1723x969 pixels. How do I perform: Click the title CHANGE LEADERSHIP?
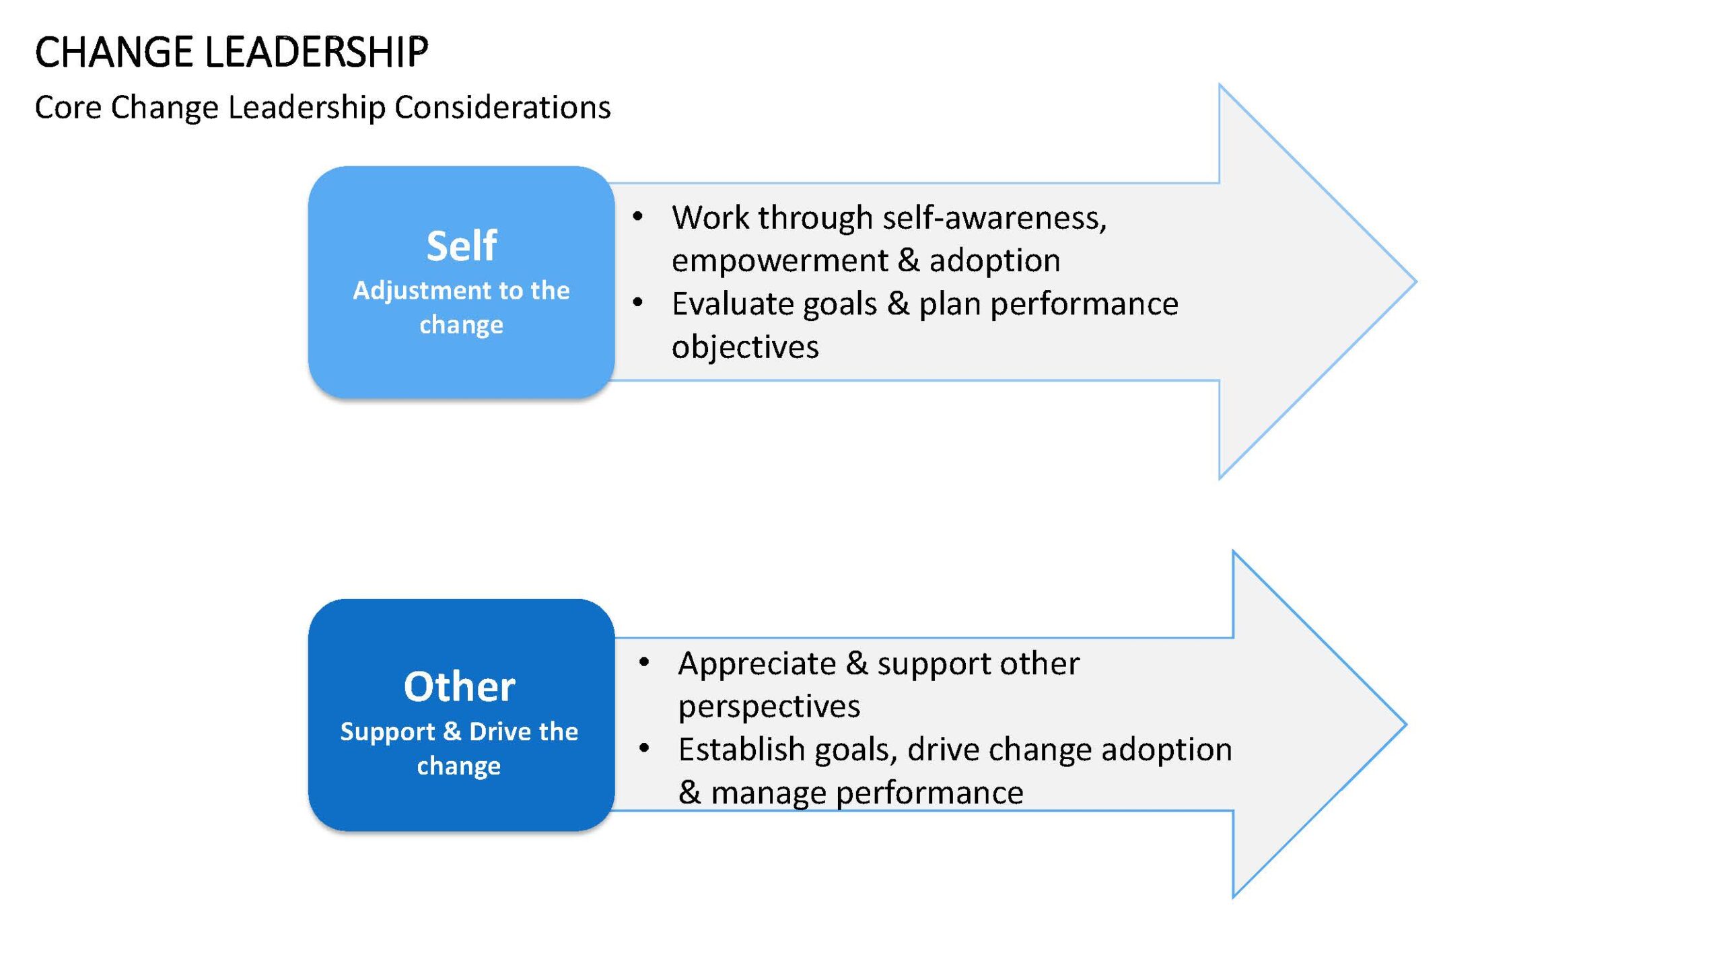[232, 52]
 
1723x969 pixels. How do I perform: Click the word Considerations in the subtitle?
[502, 107]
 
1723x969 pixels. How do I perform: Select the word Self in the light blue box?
[462, 246]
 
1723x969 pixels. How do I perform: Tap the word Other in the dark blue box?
[460, 686]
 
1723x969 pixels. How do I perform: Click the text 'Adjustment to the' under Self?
[462, 291]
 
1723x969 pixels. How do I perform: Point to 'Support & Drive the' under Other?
[459, 731]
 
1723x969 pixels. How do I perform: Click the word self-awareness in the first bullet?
[995, 217]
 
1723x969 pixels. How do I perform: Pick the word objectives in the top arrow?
[745, 347]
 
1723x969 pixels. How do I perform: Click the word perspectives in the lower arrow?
[769, 707]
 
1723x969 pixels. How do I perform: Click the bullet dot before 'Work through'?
[637, 217]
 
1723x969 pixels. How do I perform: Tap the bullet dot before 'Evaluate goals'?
[637, 303]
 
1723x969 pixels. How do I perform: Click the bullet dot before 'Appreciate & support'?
[644, 663]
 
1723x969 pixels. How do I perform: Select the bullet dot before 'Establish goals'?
[644, 748]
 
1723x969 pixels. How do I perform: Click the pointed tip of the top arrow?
[1416, 281]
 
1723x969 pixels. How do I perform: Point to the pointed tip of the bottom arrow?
[1405, 725]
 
